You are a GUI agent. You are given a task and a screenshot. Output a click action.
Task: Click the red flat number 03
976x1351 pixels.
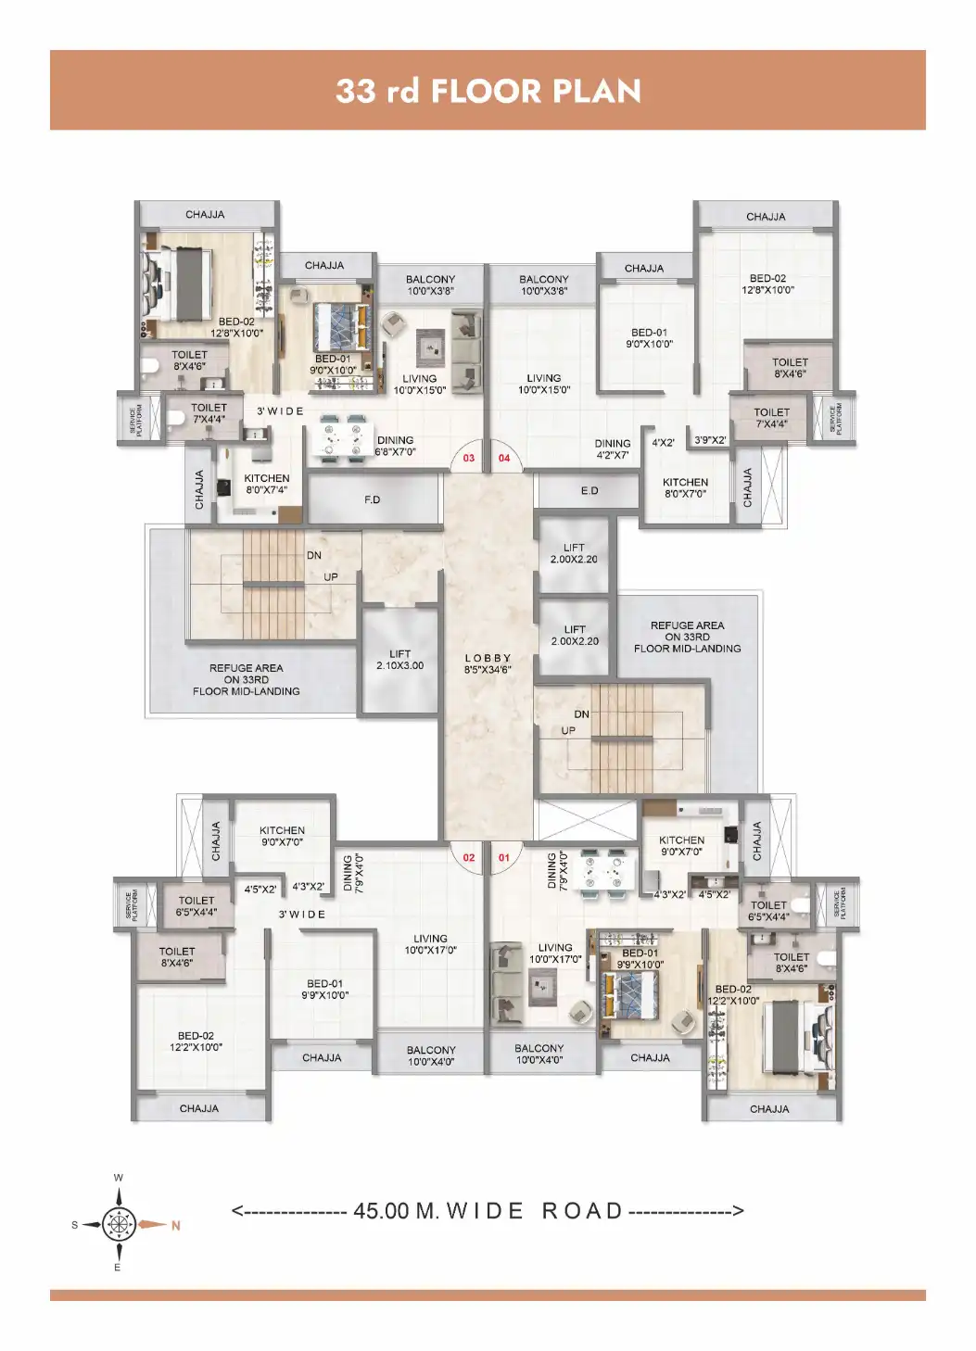point(469,458)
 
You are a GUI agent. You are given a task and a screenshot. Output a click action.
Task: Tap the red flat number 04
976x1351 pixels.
point(504,458)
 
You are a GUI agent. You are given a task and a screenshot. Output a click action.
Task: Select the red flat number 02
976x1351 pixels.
point(469,858)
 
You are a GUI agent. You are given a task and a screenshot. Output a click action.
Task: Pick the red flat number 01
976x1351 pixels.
point(504,858)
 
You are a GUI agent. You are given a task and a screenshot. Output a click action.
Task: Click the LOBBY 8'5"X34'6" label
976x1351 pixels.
point(488,663)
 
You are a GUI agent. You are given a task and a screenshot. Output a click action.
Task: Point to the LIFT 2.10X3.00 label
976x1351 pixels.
point(400,660)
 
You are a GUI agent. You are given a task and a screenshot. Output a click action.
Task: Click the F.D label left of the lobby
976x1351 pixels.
point(373,500)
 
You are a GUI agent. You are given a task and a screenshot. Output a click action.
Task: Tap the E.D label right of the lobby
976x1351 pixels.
point(589,491)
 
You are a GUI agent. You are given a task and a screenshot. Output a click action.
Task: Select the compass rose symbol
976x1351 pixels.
point(119,1224)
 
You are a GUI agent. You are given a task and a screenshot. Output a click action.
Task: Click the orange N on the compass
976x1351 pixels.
point(175,1226)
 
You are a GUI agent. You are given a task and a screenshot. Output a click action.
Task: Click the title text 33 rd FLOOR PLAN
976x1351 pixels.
point(488,91)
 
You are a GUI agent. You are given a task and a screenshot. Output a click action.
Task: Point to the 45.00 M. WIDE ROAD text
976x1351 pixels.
point(488,1211)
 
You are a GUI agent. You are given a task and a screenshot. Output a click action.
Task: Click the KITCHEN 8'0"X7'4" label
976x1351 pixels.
point(267,484)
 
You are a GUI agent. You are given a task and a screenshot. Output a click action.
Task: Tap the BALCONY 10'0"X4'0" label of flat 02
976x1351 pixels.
point(431,1056)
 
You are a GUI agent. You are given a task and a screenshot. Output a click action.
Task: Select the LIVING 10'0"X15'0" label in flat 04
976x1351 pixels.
point(544,384)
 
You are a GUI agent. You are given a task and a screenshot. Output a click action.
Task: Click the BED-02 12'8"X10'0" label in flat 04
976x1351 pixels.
point(767,284)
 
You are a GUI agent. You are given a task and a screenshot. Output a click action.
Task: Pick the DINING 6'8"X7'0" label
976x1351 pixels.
point(396,447)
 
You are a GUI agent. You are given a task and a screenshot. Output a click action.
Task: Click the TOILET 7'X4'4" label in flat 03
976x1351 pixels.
point(209,413)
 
